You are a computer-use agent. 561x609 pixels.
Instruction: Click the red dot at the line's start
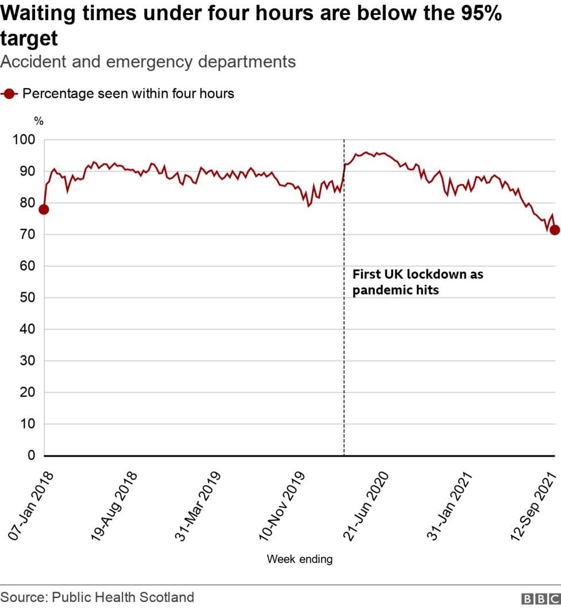tap(43, 209)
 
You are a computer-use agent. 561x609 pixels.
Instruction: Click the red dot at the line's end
tap(555, 230)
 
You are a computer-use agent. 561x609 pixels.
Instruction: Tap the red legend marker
tap(10, 94)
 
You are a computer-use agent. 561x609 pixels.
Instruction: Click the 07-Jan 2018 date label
tap(32, 505)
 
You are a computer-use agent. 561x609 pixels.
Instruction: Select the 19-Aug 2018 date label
tap(115, 506)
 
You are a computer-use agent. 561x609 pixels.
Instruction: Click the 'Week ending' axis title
tap(299, 559)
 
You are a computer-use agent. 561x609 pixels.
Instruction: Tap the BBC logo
tap(540, 599)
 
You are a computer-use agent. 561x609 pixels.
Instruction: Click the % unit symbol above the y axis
tap(39, 121)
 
